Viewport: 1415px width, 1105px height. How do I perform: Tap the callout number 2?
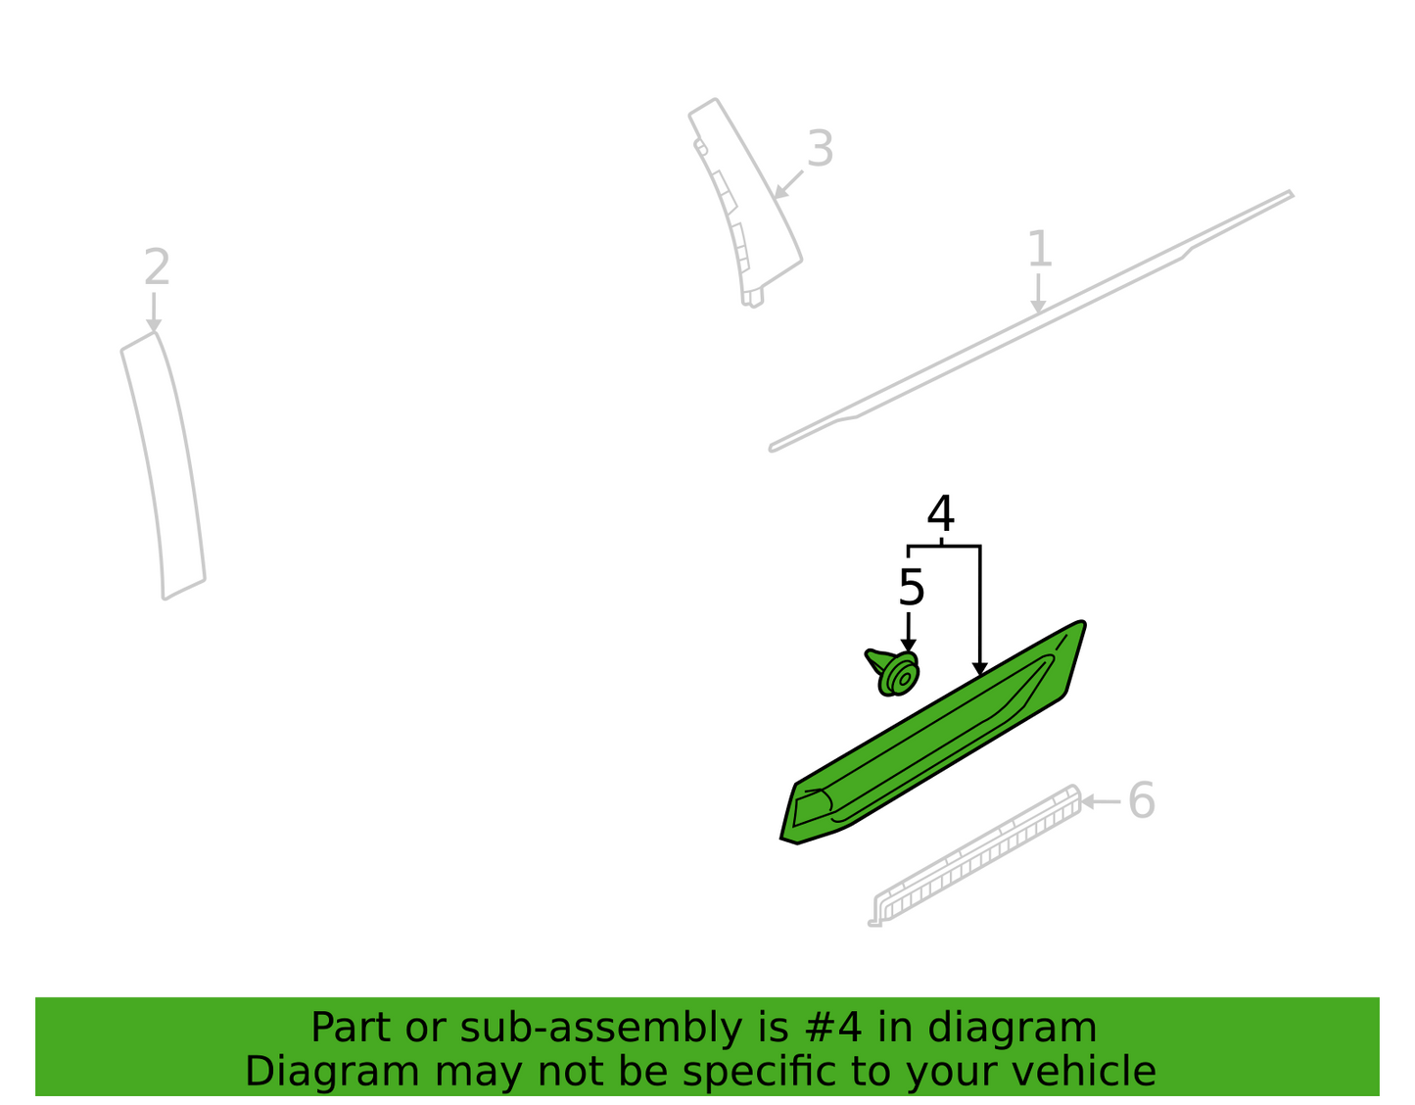click(157, 266)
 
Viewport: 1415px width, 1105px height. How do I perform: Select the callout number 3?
click(821, 149)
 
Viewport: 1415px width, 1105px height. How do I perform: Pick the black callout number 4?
click(941, 513)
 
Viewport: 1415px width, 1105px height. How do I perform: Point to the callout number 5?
click(911, 588)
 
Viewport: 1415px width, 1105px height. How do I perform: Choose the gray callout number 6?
click(1142, 800)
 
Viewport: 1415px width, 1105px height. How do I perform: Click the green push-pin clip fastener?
click(893, 673)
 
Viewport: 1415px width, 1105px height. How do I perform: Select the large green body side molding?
click(933, 733)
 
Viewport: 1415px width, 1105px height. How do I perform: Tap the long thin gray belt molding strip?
click(1031, 321)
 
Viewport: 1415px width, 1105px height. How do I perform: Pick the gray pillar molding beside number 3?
click(747, 202)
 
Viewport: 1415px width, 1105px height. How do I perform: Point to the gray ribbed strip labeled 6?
click(974, 855)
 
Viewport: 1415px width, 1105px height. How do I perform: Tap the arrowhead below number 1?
click(1039, 307)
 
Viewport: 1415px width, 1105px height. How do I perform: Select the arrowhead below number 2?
click(154, 325)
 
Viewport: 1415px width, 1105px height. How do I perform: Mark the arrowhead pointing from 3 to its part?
click(780, 192)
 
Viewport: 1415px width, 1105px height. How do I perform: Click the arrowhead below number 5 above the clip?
click(909, 646)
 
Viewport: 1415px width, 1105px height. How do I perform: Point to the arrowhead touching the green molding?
click(980, 669)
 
